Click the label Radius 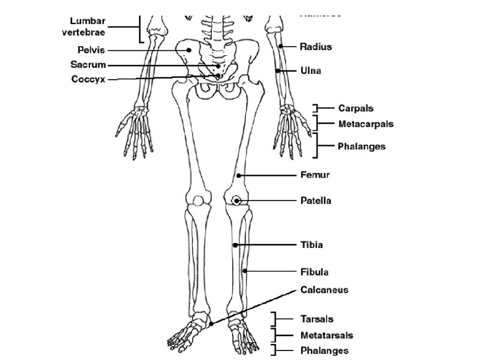316,46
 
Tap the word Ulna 310,70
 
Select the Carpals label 355,109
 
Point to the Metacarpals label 365,124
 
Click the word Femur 314,175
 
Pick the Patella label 316,200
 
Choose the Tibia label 311,245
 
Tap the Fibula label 314,272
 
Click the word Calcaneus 324,290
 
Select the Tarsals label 316,319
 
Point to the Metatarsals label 326,335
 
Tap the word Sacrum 88,65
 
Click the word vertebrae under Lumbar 84,32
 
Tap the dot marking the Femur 238,175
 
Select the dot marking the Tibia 236,245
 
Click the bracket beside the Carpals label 314,108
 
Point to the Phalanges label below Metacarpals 361,146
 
